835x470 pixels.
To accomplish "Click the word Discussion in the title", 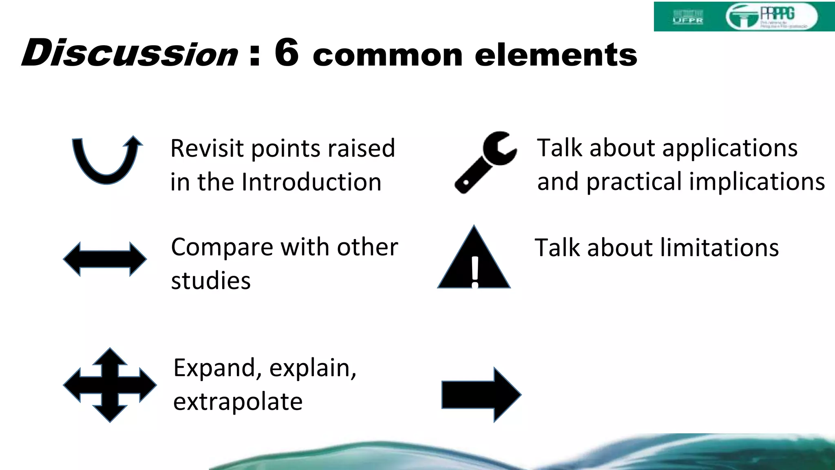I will [130, 53].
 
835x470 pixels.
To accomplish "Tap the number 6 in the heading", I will [287, 52].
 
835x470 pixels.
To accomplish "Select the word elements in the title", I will [556, 55].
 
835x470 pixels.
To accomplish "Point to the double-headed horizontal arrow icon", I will [105, 259].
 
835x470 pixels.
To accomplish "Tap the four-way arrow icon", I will [110, 385].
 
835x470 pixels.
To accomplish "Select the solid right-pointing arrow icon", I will [481, 394].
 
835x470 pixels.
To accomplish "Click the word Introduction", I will [311, 182].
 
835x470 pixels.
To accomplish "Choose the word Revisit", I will [207, 148].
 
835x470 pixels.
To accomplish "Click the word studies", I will [211, 281].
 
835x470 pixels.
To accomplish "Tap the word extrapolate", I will [238, 402].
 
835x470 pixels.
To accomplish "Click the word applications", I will [730, 148].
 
